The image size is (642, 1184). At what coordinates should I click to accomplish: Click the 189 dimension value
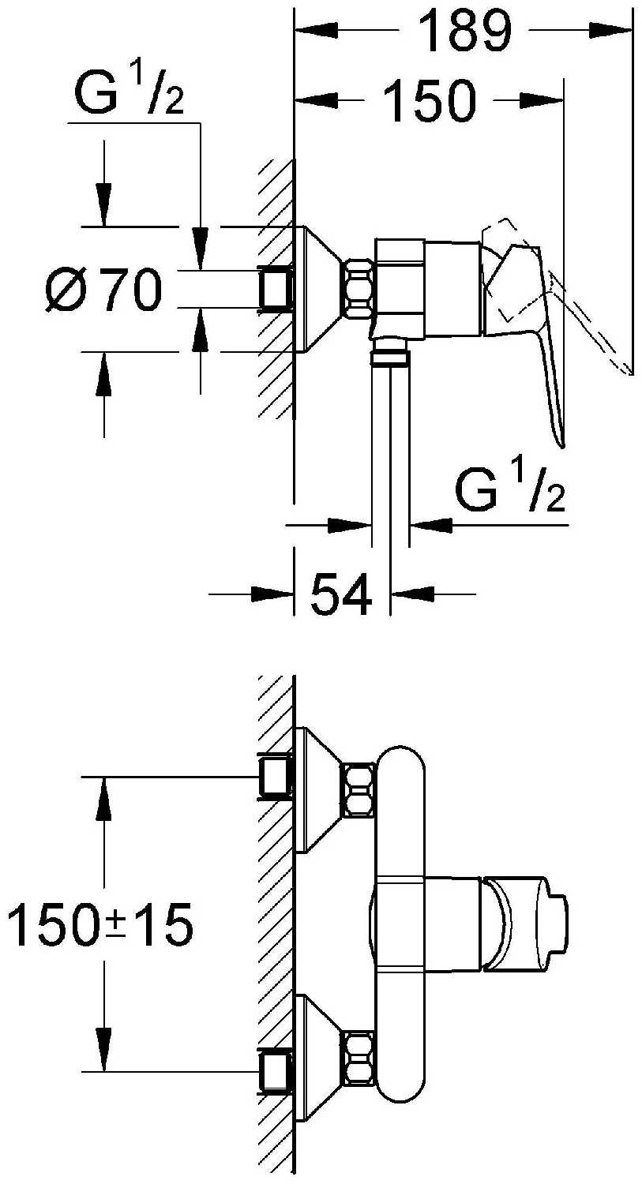[465, 31]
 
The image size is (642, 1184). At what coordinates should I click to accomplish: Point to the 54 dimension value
[341, 594]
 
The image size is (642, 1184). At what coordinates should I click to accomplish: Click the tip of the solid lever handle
[561, 446]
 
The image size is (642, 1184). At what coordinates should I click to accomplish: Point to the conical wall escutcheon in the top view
[319, 289]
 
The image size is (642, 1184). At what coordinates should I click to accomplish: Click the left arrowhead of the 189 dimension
[316, 31]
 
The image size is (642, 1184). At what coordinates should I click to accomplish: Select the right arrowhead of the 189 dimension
[610, 31]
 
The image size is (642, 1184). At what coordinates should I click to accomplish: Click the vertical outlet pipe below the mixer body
[391, 455]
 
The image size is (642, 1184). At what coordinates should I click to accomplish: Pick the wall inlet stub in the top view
[275, 289]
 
